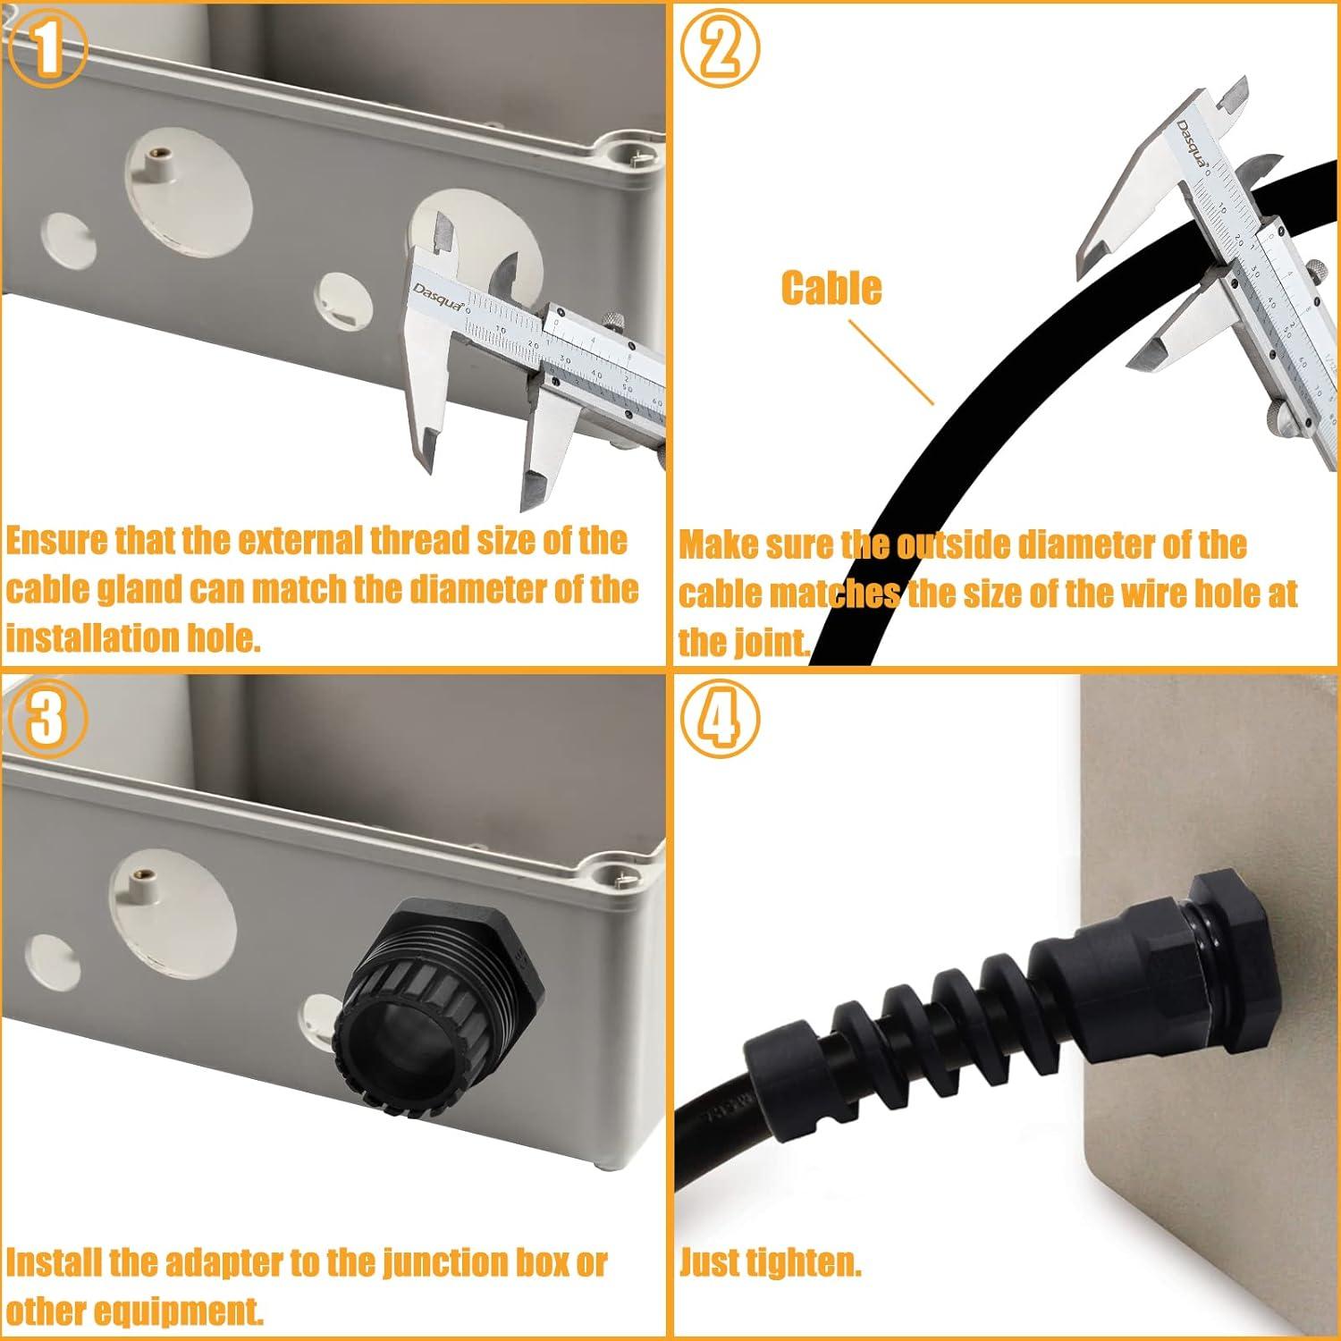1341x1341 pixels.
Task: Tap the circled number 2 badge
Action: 721,48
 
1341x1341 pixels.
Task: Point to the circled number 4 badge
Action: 721,721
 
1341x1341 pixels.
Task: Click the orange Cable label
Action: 831,288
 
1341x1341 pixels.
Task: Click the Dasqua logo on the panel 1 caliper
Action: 439,296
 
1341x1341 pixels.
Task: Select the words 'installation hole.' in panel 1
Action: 133,638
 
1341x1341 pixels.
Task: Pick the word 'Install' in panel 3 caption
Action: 54,1262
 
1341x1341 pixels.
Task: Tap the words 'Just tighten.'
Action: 770,1262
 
